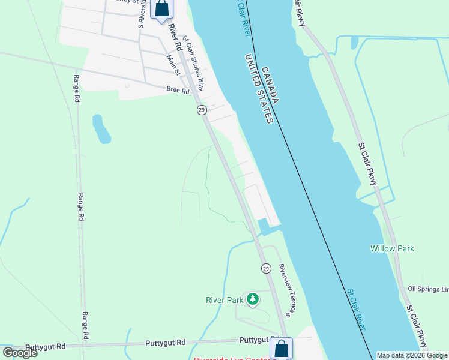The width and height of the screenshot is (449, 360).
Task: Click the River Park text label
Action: (x=224, y=300)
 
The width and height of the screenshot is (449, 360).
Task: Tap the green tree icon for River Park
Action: (x=253, y=299)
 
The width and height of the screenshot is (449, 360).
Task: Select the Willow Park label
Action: (x=392, y=248)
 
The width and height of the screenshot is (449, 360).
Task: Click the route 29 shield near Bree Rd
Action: (x=202, y=109)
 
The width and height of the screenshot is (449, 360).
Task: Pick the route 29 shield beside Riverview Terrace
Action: (x=265, y=268)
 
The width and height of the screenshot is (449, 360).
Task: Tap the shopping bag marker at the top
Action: (x=162, y=9)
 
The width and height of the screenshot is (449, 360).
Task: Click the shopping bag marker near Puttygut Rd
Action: (x=282, y=348)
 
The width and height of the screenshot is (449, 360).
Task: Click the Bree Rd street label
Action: (x=178, y=91)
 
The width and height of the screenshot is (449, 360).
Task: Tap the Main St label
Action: (x=173, y=65)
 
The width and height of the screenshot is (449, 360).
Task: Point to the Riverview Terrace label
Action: (x=285, y=290)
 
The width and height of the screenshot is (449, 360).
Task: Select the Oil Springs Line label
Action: (x=428, y=289)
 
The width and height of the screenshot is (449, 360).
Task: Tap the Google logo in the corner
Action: (x=20, y=353)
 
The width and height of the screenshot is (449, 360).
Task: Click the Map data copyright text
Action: (x=411, y=355)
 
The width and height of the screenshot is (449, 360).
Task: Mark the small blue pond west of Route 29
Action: (x=101, y=129)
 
